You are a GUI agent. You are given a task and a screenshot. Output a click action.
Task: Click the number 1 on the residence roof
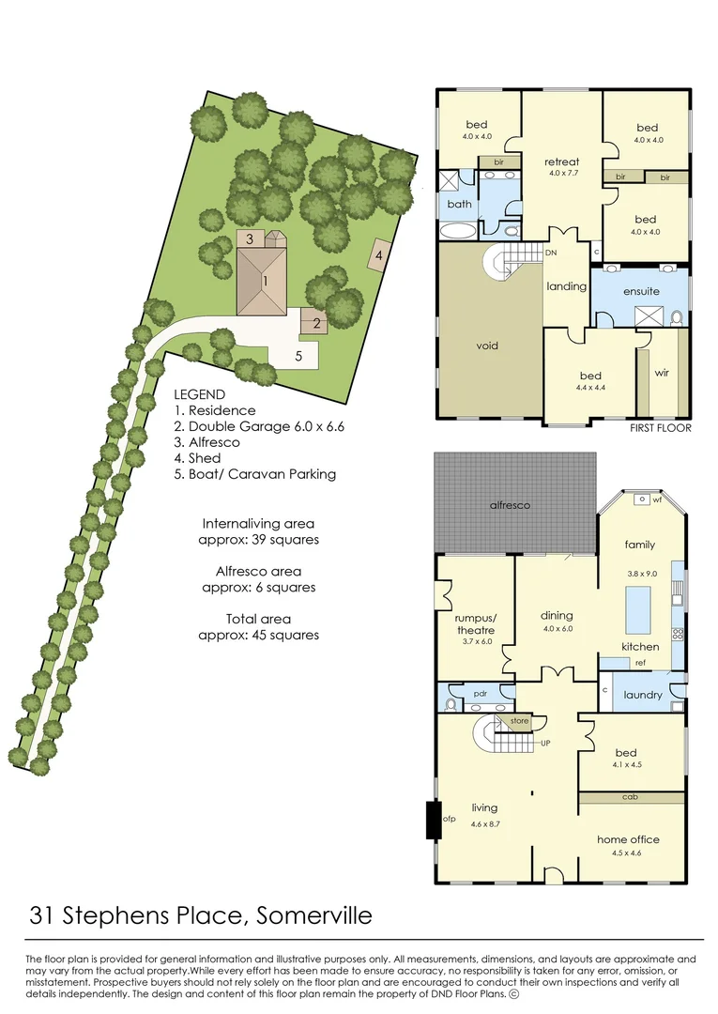tap(266, 281)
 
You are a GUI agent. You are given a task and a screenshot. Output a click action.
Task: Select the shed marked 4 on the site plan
tap(379, 254)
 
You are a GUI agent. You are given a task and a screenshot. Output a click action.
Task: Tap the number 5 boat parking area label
tap(298, 356)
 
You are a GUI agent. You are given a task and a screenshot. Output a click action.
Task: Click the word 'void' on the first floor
tap(487, 346)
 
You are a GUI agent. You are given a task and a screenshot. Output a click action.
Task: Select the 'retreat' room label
tap(562, 161)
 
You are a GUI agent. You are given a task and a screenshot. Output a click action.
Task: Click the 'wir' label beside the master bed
tap(662, 372)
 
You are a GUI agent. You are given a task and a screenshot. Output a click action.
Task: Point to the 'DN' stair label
tap(551, 253)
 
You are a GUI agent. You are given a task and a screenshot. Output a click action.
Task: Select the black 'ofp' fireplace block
tap(434, 819)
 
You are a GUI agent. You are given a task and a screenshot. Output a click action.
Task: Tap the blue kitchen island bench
tap(638, 610)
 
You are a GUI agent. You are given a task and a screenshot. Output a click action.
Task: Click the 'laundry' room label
tap(643, 696)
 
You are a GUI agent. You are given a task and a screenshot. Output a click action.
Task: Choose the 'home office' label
tap(628, 839)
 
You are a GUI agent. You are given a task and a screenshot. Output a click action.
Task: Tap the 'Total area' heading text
tap(258, 619)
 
